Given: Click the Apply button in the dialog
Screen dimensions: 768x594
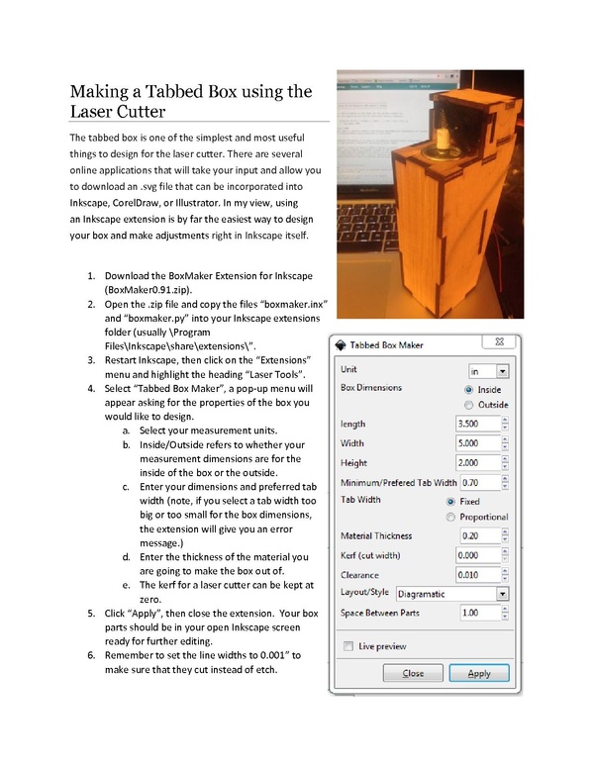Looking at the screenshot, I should pyautogui.click(x=478, y=673).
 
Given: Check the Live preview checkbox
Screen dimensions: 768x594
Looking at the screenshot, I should pyautogui.click(x=347, y=646).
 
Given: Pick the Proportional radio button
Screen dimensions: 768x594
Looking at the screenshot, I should pyautogui.click(x=452, y=517).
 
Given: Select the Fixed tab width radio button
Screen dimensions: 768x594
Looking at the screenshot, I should pyautogui.click(x=452, y=502).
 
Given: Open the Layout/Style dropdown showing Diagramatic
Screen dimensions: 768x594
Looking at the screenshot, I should pyautogui.click(x=451, y=594).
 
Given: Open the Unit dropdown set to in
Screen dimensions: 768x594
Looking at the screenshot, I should pyautogui.click(x=489, y=370).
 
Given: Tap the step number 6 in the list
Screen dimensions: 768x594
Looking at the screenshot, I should pyautogui.click(x=91, y=655).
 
